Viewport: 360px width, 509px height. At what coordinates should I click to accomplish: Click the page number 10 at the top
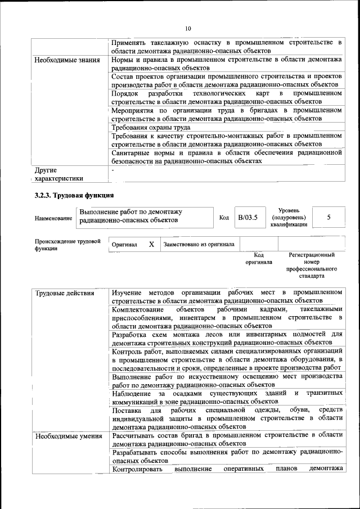coord(188,28)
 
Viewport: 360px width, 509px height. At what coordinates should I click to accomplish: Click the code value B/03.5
coord(247,217)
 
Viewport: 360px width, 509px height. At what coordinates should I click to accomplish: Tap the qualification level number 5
coord(328,217)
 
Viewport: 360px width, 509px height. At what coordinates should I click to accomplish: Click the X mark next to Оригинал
coord(151,245)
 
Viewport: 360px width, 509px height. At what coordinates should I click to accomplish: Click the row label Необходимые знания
coord(67,60)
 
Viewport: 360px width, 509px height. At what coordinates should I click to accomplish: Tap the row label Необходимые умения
coord(68,436)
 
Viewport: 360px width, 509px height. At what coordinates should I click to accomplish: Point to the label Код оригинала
coord(259,258)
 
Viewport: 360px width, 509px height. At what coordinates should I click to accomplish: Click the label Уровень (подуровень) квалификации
coord(289,217)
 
